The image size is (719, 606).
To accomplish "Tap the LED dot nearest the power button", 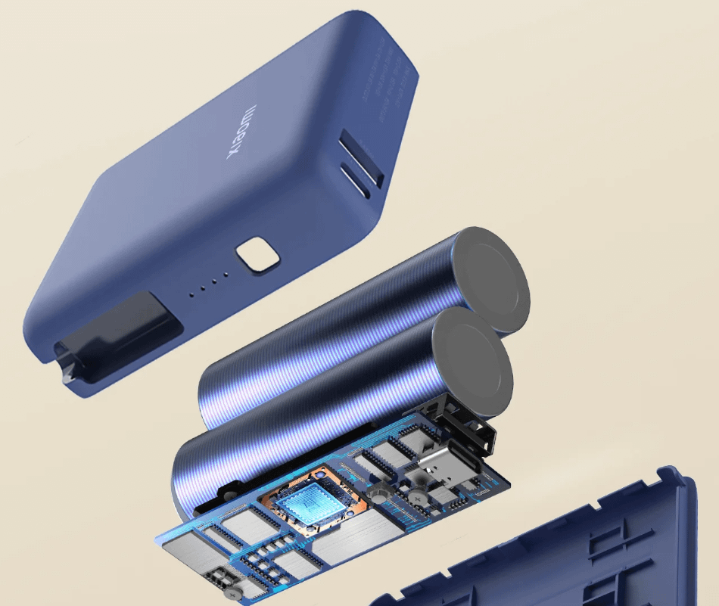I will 225,277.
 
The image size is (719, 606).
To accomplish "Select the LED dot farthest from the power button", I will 191,292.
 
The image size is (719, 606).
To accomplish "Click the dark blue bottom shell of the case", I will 575,545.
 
